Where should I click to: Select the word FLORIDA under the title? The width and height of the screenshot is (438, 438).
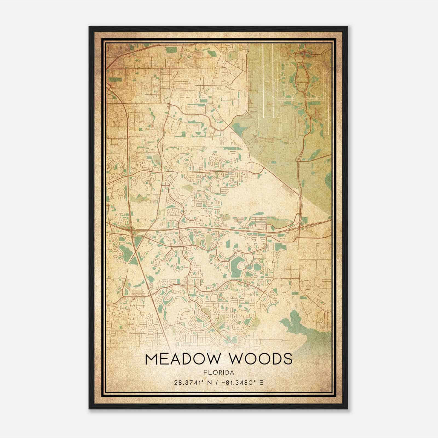(219, 373)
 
